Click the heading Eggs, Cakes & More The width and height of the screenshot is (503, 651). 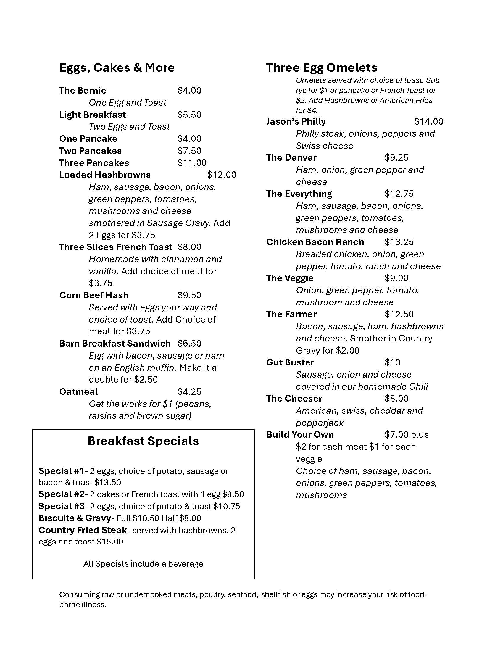pyautogui.click(x=117, y=68)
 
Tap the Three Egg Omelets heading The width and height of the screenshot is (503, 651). pyautogui.click(x=322, y=68)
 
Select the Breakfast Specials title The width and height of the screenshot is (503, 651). pyautogui.click(x=143, y=441)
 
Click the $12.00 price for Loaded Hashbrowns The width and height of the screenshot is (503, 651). pyautogui.click(x=221, y=175)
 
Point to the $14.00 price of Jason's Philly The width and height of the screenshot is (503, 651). pyautogui.click(x=428, y=122)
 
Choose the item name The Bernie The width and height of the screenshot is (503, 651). pyautogui.click(x=83, y=91)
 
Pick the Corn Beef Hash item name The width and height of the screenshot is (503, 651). pyautogui.click(x=94, y=295)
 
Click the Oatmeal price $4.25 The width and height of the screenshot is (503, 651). pyautogui.click(x=189, y=392)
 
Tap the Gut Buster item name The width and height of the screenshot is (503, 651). pyautogui.click(x=290, y=362)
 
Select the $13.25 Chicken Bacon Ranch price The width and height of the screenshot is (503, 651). pyautogui.click(x=399, y=242)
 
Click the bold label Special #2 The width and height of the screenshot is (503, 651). pyautogui.click(x=61, y=494)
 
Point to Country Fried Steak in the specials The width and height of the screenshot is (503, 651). pyautogui.click(x=83, y=530)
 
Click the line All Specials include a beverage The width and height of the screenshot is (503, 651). pyautogui.click(x=143, y=564)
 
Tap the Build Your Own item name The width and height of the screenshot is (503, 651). pyautogui.click(x=300, y=435)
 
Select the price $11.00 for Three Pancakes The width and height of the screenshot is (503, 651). pyautogui.click(x=192, y=163)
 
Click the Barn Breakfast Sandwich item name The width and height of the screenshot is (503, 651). pyautogui.click(x=115, y=343)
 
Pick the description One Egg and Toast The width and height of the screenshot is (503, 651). pyautogui.click(x=128, y=103)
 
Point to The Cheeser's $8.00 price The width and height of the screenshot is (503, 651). pyautogui.click(x=396, y=399)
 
